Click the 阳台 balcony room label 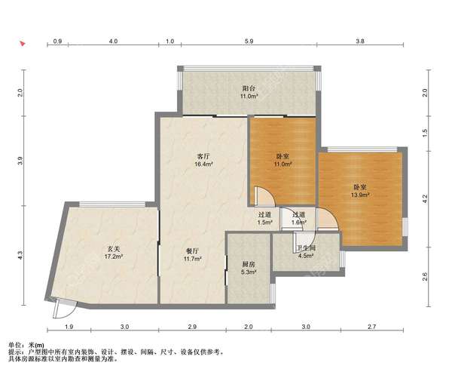click(x=249, y=88)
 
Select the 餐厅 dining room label click(x=192, y=251)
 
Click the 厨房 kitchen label click(x=248, y=264)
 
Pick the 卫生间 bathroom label click(x=306, y=248)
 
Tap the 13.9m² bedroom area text click(x=360, y=195)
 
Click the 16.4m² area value click(x=203, y=164)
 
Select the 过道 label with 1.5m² click(x=264, y=215)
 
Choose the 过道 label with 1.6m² click(x=298, y=215)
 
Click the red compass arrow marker click(x=23, y=44)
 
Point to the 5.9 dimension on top click(x=249, y=41)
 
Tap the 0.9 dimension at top click(x=58, y=41)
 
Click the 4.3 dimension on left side click(x=20, y=255)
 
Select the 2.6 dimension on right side click(x=425, y=277)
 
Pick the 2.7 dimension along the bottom click(x=372, y=327)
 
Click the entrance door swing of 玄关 click(x=65, y=309)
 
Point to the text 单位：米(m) click(x=26, y=346)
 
